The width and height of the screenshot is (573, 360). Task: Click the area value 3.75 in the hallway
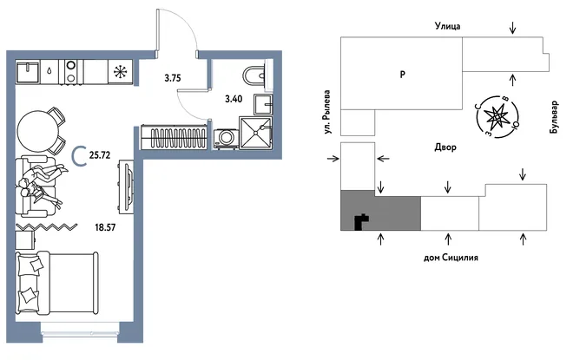tap(173, 78)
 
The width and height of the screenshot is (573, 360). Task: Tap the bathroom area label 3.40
tap(234, 99)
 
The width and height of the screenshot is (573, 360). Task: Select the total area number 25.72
tap(100, 155)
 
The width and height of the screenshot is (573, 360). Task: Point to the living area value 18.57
tap(105, 227)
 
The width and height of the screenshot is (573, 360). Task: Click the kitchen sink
tap(28, 72)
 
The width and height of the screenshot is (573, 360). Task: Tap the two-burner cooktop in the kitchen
tap(71, 72)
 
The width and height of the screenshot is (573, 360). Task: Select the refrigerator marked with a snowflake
tap(120, 72)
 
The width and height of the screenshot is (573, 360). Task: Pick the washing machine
tap(226, 139)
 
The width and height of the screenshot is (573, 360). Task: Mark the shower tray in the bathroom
tap(256, 133)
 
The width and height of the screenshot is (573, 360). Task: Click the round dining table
tap(38, 132)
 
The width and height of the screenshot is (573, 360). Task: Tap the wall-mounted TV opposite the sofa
tap(127, 187)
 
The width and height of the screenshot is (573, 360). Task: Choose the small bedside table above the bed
tap(25, 239)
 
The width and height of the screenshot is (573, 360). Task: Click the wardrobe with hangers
tap(174, 137)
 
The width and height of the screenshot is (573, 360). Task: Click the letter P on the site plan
tap(402, 74)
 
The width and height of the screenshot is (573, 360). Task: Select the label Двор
tap(445, 147)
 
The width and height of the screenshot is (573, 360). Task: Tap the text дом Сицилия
tap(451, 258)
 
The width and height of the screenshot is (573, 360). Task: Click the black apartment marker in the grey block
tap(361, 222)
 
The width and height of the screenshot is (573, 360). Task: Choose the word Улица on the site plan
tap(447, 26)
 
